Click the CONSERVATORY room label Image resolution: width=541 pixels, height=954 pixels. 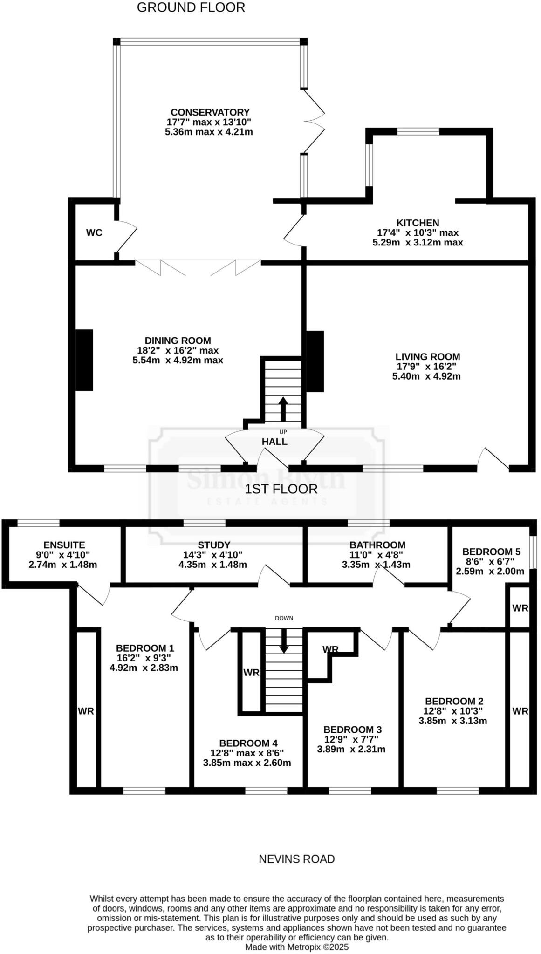pyautogui.click(x=210, y=112)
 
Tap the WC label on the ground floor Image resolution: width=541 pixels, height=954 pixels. pyautogui.click(x=94, y=233)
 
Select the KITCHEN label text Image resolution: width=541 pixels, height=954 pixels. pyautogui.click(x=418, y=223)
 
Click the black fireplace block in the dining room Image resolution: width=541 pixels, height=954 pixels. pyautogui.click(x=84, y=360)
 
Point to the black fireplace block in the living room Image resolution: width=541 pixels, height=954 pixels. pyautogui.click(x=315, y=361)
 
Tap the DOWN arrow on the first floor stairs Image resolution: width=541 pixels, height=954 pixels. pyautogui.click(x=284, y=642)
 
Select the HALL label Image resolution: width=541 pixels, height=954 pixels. pyautogui.click(x=274, y=442)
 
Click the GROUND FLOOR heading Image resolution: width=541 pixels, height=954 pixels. pyautogui.click(x=191, y=7)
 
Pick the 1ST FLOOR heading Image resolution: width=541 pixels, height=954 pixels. pyautogui.click(x=281, y=489)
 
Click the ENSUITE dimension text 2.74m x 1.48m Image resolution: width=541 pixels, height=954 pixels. pyautogui.click(x=63, y=565)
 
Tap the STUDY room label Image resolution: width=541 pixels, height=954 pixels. pyautogui.click(x=214, y=545)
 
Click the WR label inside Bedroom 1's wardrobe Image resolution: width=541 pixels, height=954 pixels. pyautogui.click(x=86, y=711)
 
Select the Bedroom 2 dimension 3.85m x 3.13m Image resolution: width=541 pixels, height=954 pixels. pyautogui.click(x=453, y=721)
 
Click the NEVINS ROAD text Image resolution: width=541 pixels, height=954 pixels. pyautogui.click(x=296, y=859)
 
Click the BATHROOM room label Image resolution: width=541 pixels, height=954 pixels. pyautogui.click(x=377, y=545)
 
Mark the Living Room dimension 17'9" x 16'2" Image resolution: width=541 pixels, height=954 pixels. pyautogui.click(x=427, y=367)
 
